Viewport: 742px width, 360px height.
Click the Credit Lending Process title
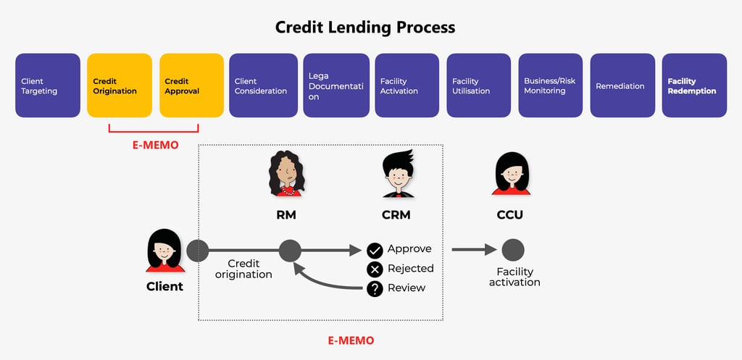click(x=365, y=28)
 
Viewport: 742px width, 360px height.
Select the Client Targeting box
click(x=48, y=85)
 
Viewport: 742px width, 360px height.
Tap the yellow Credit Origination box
click(x=120, y=85)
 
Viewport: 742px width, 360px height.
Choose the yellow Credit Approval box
click(x=191, y=85)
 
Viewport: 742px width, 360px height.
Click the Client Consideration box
click(x=262, y=85)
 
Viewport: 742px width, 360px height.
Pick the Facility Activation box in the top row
click(x=407, y=85)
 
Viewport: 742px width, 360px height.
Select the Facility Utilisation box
click(x=478, y=85)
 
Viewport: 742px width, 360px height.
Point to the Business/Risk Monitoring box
click(x=550, y=85)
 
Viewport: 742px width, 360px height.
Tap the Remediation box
click(x=622, y=85)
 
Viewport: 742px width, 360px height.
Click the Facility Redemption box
click(x=694, y=85)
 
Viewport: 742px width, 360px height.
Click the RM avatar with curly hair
click(x=288, y=174)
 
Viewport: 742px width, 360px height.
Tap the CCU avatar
click(x=511, y=174)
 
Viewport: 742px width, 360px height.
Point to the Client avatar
click(x=164, y=251)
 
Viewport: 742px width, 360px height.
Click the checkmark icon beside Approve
click(x=375, y=251)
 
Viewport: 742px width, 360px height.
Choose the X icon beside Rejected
click(x=375, y=269)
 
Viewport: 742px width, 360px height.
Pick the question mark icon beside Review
click(x=375, y=288)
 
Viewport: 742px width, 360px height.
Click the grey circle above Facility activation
click(x=513, y=251)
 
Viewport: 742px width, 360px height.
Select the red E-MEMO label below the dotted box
click(x=351, y=340)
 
